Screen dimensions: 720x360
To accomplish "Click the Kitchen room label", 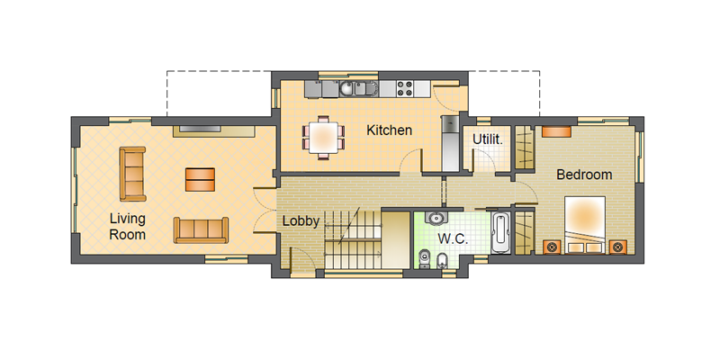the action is pos(389,130).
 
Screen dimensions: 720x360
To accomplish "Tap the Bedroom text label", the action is pos(584,175).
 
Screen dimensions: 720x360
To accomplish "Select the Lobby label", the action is pos(301,220).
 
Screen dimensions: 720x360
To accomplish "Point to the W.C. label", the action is pos(453,239).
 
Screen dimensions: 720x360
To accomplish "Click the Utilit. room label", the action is pos(488,139).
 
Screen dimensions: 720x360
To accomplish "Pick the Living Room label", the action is pos(127,227).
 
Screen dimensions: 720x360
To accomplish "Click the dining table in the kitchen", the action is pos(323,138).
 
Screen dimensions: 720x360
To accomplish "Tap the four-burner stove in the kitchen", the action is pos(405,88).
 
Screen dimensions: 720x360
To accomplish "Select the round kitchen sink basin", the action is pos(346,88).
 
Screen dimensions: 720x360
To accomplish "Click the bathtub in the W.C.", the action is pos(500,232).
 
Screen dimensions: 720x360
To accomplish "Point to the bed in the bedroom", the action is pos(584,226).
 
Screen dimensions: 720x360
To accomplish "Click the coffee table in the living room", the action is pos(200,179).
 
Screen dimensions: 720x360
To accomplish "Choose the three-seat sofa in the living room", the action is pos(201,230).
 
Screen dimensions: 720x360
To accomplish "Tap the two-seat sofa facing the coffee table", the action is pos(132,174).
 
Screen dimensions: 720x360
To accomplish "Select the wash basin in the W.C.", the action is pos(436,218).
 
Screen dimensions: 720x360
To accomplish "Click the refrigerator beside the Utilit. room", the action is pos(451,143).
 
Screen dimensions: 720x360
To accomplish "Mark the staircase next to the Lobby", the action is pos(353,239).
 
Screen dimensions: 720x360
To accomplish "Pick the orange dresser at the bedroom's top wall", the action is pos(556,131).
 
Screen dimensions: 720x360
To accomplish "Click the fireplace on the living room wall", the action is pos(214,130).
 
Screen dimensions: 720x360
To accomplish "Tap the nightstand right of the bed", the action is pos(618,247).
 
